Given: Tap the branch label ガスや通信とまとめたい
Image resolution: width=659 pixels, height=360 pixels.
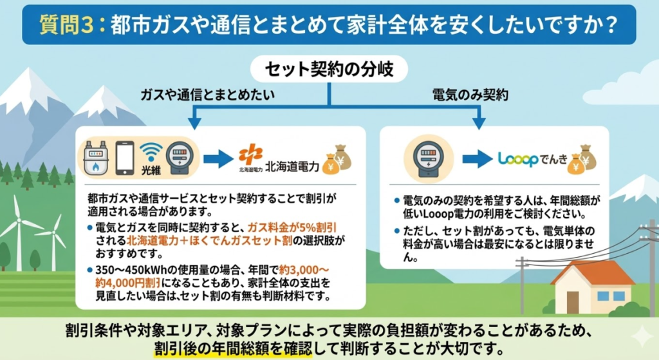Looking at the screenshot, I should [208, 95].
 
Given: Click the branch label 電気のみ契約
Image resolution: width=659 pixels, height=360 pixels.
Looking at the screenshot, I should [470, 95].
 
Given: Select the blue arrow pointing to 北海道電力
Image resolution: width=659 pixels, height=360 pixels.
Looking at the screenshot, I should [218, 158].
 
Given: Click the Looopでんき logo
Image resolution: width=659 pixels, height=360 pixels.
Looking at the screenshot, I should [533, 159].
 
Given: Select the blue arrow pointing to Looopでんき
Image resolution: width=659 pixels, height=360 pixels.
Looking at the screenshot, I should [477, 159].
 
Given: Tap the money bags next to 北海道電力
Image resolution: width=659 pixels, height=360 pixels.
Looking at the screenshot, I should [338, 158].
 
